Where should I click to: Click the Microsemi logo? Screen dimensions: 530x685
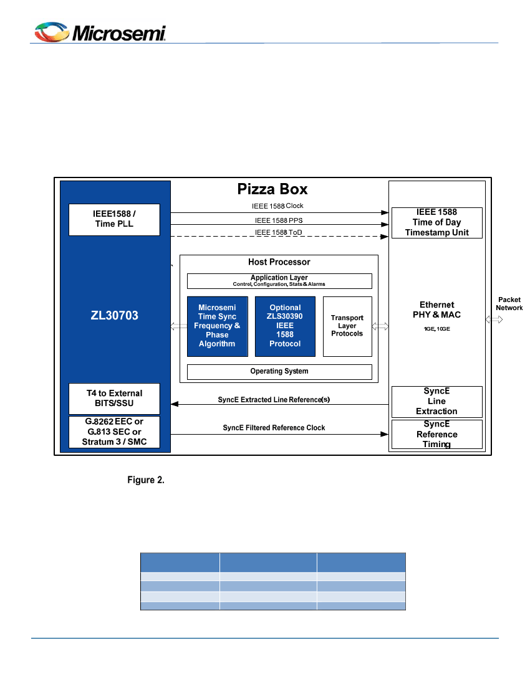pyautogui.click(x=100, y=32)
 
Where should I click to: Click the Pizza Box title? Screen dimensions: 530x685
pyautogui.click(x=272, y=189)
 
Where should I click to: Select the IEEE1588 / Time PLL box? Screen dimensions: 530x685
pyautogui.click(x=114, y=220)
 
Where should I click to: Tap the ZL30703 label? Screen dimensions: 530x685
pyautogui.click(x=115, y=316)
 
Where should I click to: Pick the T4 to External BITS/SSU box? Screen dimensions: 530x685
pyautogui.click(x=114, y=399)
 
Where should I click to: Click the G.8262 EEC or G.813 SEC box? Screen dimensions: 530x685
pyautogui.click(x=114, y=432)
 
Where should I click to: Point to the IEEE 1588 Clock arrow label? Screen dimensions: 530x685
pyautogui.click(x=277, y=205)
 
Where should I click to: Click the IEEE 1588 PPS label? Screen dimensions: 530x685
pyautogui.click(x=279, y=220)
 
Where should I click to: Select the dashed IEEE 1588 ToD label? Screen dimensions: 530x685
pyautogui.click(x=279, y=232)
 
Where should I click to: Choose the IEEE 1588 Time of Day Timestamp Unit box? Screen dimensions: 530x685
pyautogui.click(x=437, y=223)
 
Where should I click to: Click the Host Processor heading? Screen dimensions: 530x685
pyautogui.click(x=279, y=262)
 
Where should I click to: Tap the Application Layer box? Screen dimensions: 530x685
pyautogui.click(x=279, y=281)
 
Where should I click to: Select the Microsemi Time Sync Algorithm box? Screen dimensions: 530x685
pyautogui.click(x=218, y=326)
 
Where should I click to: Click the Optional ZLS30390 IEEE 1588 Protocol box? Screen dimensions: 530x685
pyautogui.click(x=285, y=326)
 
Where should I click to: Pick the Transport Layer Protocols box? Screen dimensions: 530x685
pyautogui.click(x=347, y=326)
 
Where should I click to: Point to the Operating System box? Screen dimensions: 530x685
pyautogui.click(x=279, y=372)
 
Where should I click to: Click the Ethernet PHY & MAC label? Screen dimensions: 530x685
pyautogui.click(x=437, y=309)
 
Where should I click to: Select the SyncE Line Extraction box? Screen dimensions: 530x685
pyautogui.click(x=437, y=402)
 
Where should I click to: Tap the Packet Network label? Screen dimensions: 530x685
pyautogui.click(x=509, y=304)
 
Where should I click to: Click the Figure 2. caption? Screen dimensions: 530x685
pyautogui.click(x=146, y=479)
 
